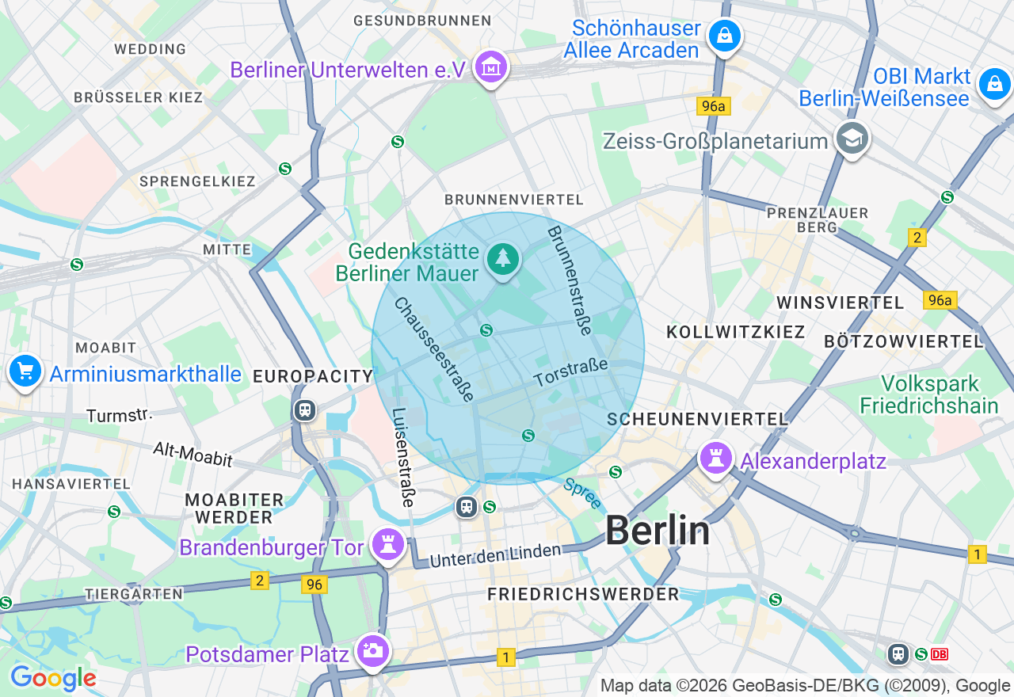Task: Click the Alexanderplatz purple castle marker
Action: coord(716,459)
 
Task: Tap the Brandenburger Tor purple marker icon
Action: coord(388,545)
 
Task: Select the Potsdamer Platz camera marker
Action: coord(372,651)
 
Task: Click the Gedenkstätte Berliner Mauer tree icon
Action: coord(502,258)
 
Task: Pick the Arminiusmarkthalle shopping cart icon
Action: coord(25,371)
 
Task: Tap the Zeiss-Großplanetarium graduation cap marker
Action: coord(852,139)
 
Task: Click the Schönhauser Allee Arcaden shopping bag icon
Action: coord(724,36)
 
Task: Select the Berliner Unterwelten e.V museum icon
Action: coord(491,68)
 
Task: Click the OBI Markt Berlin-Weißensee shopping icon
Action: coord(994,84)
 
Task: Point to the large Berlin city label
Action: coord(658,531)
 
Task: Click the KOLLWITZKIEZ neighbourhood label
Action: coord(736,332)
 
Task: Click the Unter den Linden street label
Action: coord(495,555)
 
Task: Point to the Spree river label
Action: coord(582,493)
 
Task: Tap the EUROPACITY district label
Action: coord(313,376)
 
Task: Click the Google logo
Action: coord(53,678)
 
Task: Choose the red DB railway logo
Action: coord(940,653)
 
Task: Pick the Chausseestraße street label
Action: coord(434,349)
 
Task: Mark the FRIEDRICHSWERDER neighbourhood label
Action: coord(583,594)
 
